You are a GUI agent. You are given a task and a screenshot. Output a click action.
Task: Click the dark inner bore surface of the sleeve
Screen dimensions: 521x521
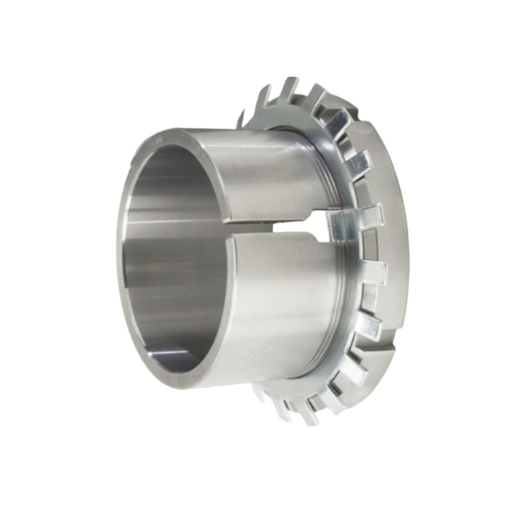[163, 260]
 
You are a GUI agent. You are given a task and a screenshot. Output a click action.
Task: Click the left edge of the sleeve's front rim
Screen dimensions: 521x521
[120, 260]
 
